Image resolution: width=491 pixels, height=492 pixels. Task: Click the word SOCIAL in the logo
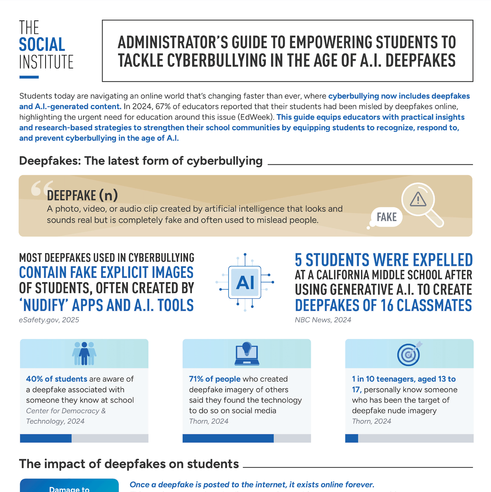[42, 45]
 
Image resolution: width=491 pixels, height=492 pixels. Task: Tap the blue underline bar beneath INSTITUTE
[29, 77]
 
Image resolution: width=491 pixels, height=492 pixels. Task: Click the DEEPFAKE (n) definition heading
[82, 196]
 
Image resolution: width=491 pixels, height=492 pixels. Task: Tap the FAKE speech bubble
[386, 217]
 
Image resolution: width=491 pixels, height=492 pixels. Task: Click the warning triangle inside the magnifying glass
[418, 199]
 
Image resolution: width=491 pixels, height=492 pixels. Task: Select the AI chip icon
[245, 282]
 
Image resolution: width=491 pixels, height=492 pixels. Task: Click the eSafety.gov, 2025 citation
[49, 320]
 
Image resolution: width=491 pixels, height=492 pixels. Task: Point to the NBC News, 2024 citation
[323, 320]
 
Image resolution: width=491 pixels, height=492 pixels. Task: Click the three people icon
[84, 353]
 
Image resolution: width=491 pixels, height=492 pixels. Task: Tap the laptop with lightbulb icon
[247, 354]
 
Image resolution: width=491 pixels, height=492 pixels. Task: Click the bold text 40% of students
[57, 379]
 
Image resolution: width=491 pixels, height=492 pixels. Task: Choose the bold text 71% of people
[215, 379]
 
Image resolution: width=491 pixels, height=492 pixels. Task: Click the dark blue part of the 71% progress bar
[228, 438]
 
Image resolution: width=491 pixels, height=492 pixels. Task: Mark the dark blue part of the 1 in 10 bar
[352, 438]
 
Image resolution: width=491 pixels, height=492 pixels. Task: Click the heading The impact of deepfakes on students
[129, 464]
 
